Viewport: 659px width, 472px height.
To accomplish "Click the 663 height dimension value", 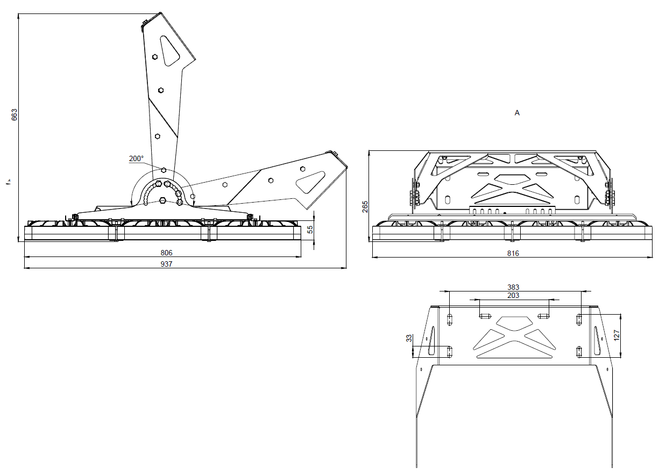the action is (14, 115).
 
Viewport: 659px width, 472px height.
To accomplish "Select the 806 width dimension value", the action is (166, 253).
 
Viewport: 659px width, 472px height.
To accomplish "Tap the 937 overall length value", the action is (166, 264).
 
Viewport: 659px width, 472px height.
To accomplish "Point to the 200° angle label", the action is (136, 158).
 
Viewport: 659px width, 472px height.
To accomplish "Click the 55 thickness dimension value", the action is (310, 230).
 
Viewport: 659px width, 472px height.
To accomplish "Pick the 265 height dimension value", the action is (365, 206).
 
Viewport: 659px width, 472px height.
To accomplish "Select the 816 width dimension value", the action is (513, 253).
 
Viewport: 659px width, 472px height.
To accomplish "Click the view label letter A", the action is (517, 113).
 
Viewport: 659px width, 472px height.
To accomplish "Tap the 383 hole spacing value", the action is (513, 287).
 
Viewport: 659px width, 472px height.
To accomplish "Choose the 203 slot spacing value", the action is (513, 295).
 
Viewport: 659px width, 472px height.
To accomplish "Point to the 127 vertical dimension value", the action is (617, 335).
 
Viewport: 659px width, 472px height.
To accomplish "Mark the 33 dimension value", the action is (409, 338).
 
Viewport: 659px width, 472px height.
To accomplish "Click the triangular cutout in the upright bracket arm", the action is (169, 51).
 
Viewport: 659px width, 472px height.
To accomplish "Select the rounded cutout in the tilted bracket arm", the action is (310, 182).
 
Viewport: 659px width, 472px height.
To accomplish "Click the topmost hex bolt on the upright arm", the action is (155, 57).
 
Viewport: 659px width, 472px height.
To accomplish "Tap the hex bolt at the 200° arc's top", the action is (164, 170).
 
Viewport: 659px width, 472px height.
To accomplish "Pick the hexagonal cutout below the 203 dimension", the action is (514, 323).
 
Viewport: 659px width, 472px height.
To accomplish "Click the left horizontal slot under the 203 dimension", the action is (485, 316).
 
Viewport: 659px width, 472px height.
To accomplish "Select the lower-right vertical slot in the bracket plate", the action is (579, 352).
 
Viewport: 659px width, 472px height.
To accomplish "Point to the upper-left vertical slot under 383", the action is (450, 320).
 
